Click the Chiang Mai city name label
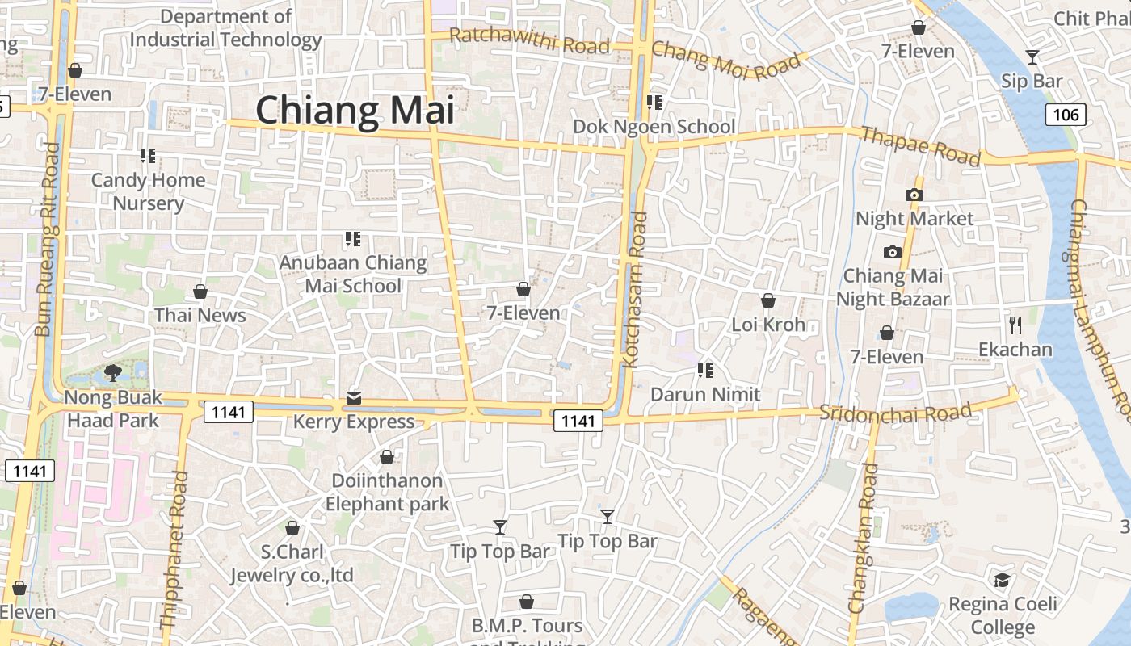pyautogui.click(x=355, y=111)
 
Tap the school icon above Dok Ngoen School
pyautogui.click(x=654, y=103)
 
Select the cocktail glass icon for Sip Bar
pyautogui.click(x=1032, y=57)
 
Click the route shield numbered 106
pyautogui.click(x=1066, y=115)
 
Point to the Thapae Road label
pyautogui.click(x=920, y=145)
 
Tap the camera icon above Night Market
pyautogui.click(x=914, y=195)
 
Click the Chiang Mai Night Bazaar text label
pyautogui.click(x=892, y=287)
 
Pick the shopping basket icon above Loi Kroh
pyautogui.click(x=768, y=300)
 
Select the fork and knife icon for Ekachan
pyautogui.click(x=1015, y=325)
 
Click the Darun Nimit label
pyautogui.click(x=705, y=394)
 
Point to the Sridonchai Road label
pyautogui.click(x=895, y=413)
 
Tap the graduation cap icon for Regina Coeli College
pyautogui.click(x=1002, y=580)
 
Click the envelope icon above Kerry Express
pyautogui.click(x=354, y=397)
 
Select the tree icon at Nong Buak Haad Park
pyautogui.click(x=113, y=372)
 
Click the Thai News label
pyautogui.click(x=200, y=315)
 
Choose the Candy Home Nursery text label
pyautogui.click(x=148, y=191)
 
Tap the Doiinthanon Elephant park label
pyautogui.click(x=387, y=492)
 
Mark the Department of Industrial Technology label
pyautogui.click(x=225, y=27)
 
